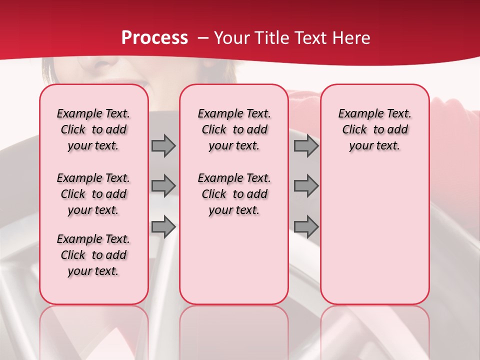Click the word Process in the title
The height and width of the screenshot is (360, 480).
154,38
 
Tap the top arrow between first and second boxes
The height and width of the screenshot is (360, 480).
163,146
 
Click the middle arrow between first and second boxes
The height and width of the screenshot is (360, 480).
163,186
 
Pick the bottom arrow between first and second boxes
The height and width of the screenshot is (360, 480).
163,227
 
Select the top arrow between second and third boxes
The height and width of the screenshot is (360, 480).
306,146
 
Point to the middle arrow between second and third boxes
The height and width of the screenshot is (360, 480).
306,186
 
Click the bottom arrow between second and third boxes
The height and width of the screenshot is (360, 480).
306,227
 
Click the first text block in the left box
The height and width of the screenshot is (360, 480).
93,129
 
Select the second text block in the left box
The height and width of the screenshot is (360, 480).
93,194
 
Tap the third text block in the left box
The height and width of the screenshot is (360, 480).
93,255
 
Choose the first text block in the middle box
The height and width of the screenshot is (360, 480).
234,129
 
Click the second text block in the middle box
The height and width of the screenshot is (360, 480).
234,194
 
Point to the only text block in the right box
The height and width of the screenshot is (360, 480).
374,129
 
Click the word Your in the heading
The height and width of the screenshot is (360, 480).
231,38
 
